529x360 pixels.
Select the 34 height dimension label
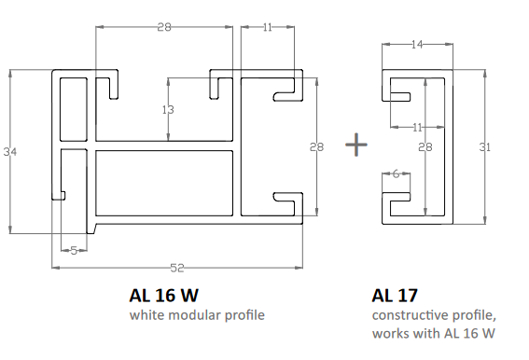coord(10,151)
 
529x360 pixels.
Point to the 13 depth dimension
coord(168,110)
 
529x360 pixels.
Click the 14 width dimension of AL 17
coord(416,44)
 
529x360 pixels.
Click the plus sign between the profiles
coord(355,145)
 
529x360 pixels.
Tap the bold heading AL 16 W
coord(163,296)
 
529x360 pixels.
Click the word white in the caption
coord(147,315)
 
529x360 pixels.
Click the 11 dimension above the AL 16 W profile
coord(268,28)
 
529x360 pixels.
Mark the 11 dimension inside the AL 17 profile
coord(417,126)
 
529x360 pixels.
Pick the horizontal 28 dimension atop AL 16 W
coord(163,28)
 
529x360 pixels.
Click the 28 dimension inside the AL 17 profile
coord(425,146)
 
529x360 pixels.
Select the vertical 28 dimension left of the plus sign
coord(317,146)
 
